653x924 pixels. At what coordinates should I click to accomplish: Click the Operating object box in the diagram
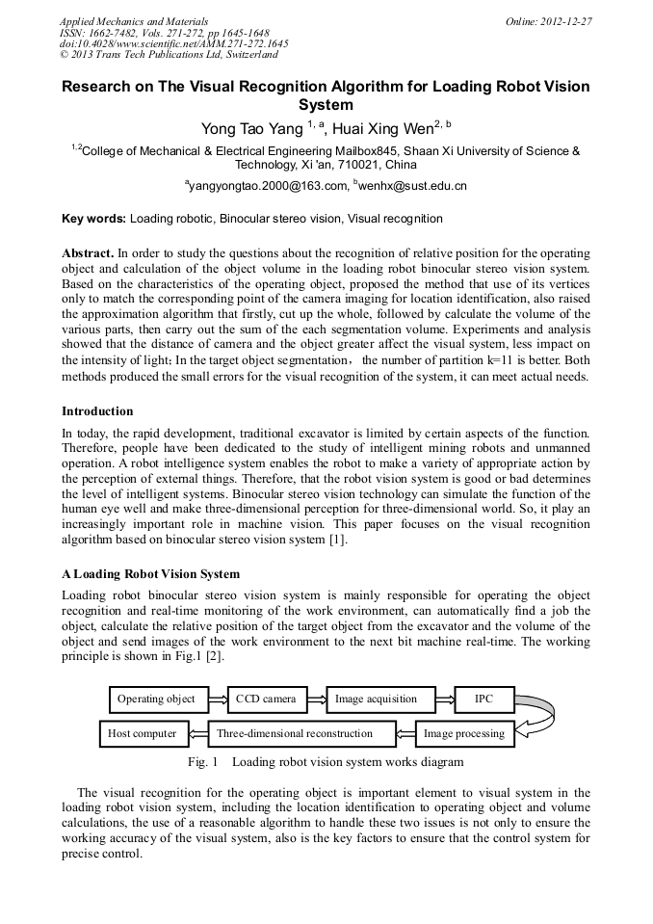point(156,700)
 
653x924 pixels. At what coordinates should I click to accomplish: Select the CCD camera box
point(267,700)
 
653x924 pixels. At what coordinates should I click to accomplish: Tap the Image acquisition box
point(376,700)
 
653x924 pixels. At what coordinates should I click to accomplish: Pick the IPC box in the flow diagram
point(483,700)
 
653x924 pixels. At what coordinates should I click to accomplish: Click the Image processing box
point(464,734)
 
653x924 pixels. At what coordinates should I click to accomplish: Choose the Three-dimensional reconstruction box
point(301,734)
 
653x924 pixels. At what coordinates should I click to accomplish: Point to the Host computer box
point(143,734)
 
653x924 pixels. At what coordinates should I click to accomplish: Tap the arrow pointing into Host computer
point(196,734)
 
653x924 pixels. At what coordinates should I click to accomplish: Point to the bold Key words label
point(93,219)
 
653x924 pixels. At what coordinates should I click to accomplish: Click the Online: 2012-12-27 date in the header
point(549,21)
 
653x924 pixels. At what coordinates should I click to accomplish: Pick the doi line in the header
point(174,43)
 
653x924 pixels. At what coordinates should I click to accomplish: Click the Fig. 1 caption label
point(203,762)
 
